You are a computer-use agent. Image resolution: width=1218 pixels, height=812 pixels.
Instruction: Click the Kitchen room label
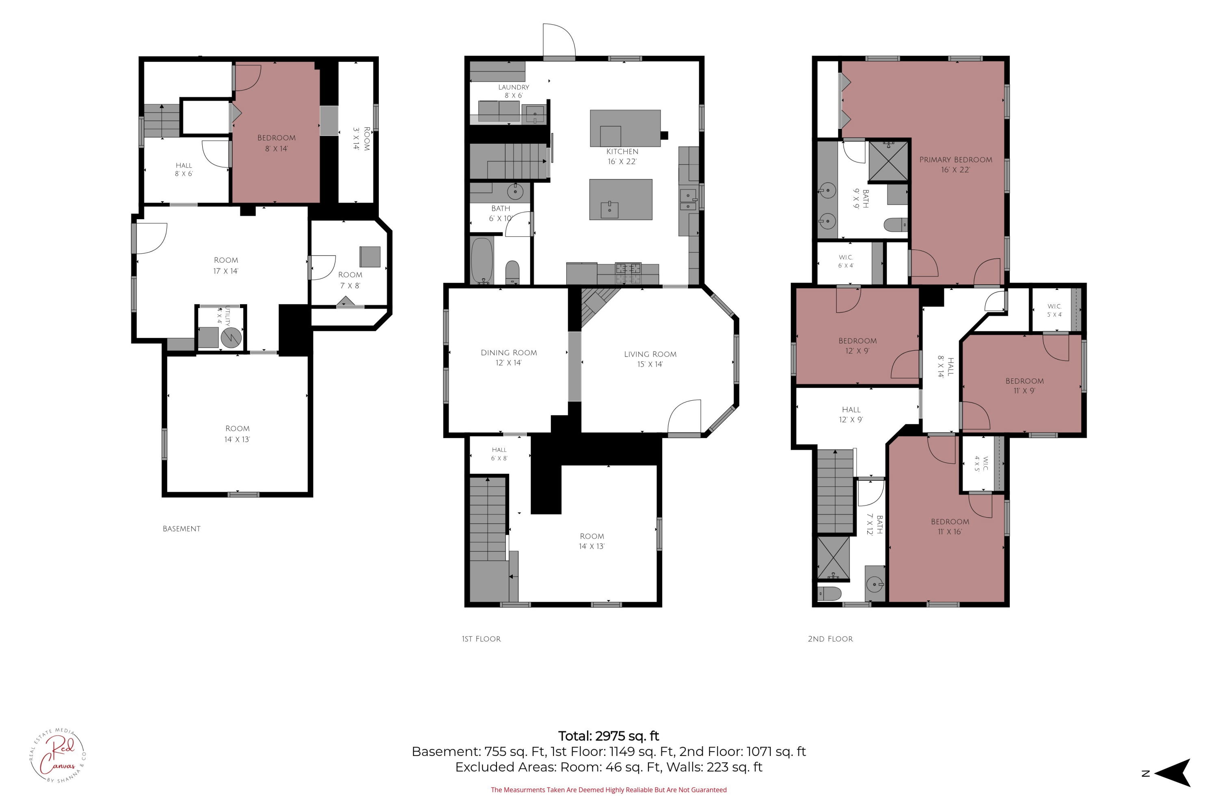[622, 156]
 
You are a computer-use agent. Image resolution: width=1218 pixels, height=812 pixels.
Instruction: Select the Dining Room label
[509, 357]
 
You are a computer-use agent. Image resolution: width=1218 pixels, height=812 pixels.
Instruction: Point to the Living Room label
[650, 359]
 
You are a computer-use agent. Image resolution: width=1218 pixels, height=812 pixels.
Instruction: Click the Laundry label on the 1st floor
[514, 91]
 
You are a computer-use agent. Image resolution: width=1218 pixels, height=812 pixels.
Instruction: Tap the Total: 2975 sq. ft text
[609, 736]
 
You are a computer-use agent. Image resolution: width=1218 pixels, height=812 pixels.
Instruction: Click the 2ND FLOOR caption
[830, 639]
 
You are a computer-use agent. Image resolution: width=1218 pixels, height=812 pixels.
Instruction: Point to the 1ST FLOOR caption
[481, 639]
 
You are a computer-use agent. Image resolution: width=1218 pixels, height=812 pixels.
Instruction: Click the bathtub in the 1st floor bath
[483, 261]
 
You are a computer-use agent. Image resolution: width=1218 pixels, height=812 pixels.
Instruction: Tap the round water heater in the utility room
[231, 338]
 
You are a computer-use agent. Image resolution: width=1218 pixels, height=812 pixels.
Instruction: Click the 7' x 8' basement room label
[350, 280]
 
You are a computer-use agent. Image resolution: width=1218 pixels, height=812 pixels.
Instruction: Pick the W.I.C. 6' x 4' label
[846, 261]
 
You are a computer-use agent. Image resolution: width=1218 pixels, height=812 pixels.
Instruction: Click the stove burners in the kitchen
[628, 269]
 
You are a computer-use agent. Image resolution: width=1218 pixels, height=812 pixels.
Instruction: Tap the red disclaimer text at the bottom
[609, 790]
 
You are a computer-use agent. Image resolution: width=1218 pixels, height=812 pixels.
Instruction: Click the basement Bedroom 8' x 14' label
[276, 143]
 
